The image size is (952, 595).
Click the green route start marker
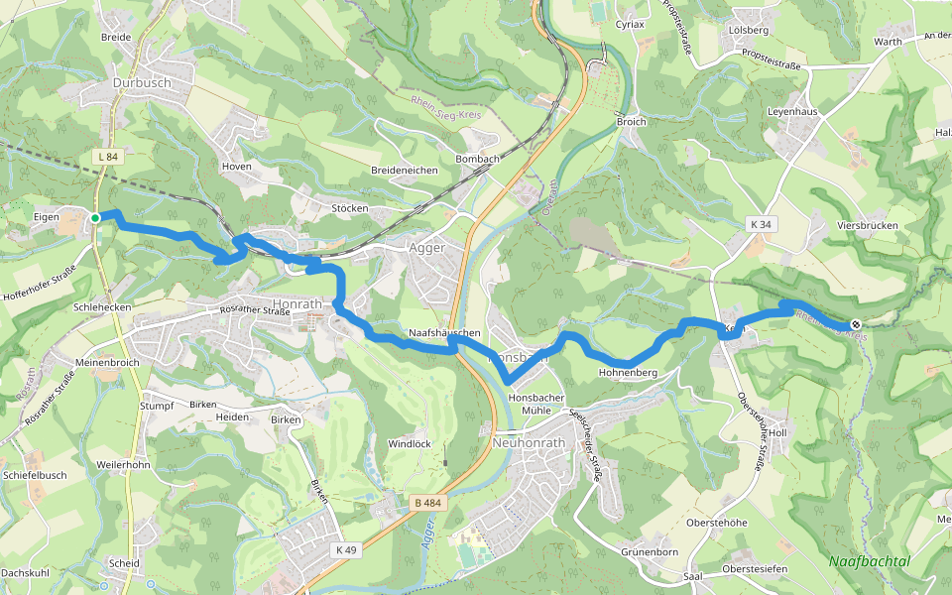coord(95,217)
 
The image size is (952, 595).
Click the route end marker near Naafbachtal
coord(856,324)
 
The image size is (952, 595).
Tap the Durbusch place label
coord(142,83)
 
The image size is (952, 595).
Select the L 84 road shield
coord(108,157)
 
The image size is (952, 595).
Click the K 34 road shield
coord(761,225)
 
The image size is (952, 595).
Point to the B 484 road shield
coord(427,503)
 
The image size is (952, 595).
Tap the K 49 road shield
coord(346,549)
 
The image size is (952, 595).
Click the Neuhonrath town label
coord(528,443)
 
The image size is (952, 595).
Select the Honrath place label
coord(296,302)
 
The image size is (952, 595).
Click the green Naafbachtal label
coord(869,561)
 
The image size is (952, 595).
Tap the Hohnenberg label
coord(628,373)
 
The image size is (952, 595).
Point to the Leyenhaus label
coord(791,112)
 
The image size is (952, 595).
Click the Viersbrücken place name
coord(867,226)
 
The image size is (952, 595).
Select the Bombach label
coord(477,159)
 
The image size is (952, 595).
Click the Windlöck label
coord(410,443)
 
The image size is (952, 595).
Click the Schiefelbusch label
coord(35,475)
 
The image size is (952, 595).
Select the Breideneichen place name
coord(404,171)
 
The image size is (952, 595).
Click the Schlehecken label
coord(102,307)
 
